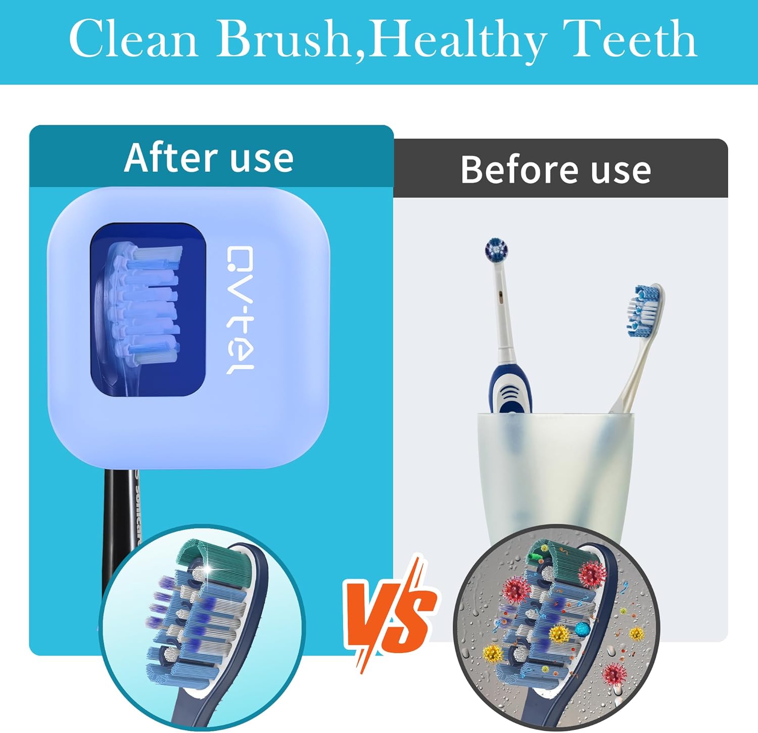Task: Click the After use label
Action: coord(209,158)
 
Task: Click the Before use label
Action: coord(555,170)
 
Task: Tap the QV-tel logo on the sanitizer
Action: coord(239,309)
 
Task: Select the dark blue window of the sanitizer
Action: coord(148,309)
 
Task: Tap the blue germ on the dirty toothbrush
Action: coord(583,629)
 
